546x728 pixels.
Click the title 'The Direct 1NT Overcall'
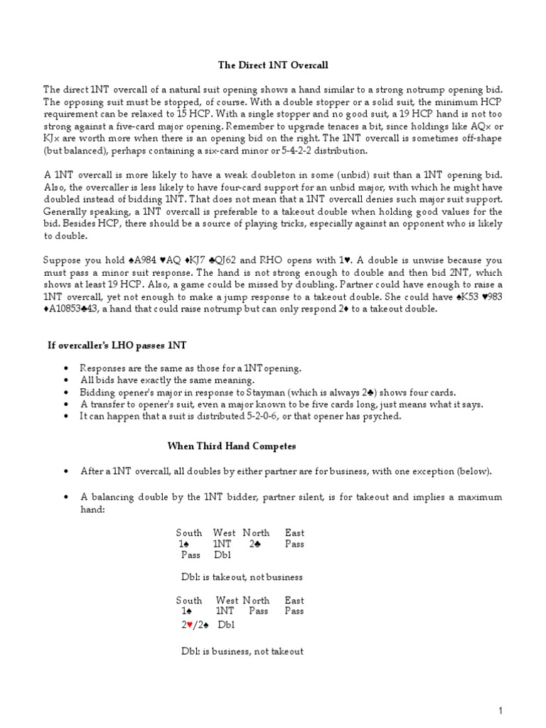coord(272,65)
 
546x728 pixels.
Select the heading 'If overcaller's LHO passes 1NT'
coord(112,345)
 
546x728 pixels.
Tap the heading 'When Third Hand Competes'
coord(231,446)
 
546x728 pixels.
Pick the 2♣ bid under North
coord(256,544)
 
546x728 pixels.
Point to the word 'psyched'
coord(381,416)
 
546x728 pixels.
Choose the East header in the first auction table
coord(294,532)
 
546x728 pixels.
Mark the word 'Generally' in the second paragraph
coord(66,212)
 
